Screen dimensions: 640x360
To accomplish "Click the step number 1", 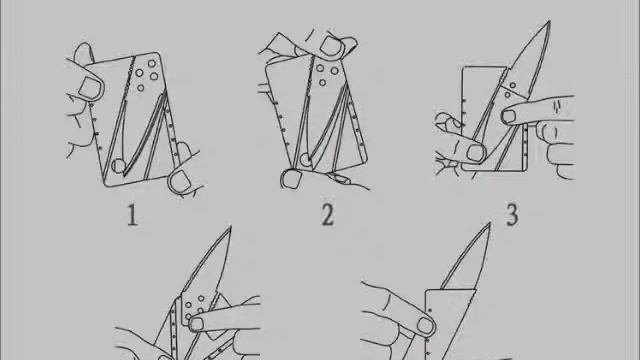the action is pos(132,216).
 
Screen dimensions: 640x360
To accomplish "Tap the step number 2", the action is pos(328,215).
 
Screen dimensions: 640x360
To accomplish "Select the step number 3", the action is pos(512,215).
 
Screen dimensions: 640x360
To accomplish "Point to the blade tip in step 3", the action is pos(549,21).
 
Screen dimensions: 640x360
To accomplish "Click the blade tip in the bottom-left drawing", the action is pos(231,227).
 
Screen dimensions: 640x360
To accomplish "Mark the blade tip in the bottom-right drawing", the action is pos(489,224).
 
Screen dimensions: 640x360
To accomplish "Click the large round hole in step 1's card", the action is pos(119,166).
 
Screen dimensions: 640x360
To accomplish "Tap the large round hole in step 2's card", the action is pos(305,160).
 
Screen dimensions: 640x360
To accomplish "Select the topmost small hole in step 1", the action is pos(152,64).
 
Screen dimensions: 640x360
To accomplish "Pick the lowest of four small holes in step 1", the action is pos(141,87).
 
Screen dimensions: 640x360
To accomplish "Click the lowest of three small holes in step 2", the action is pos(322,83).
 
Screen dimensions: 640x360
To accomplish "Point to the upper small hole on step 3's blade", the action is pos(513,85).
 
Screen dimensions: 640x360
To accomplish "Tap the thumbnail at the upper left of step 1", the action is pos(90,87).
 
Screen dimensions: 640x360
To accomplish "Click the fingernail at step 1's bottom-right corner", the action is pos(180,180).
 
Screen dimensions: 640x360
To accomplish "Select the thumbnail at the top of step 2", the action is pos(331,45).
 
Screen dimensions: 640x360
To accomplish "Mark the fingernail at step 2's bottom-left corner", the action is pos(291,179).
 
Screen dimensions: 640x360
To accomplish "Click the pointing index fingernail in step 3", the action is pos(509,116).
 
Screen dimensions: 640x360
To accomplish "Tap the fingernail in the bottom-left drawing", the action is pos(196,324).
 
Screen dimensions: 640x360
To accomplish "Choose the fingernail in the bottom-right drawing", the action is pos(425,326).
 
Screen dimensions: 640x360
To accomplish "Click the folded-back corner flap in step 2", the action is pos(282,45).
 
